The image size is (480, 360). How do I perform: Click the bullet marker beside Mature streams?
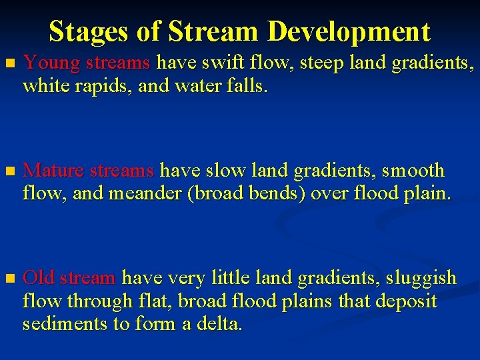[9, 172]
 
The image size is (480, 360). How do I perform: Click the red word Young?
[51, 64]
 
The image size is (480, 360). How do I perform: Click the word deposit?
[406, 301]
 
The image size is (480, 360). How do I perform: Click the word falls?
[246, 87]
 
